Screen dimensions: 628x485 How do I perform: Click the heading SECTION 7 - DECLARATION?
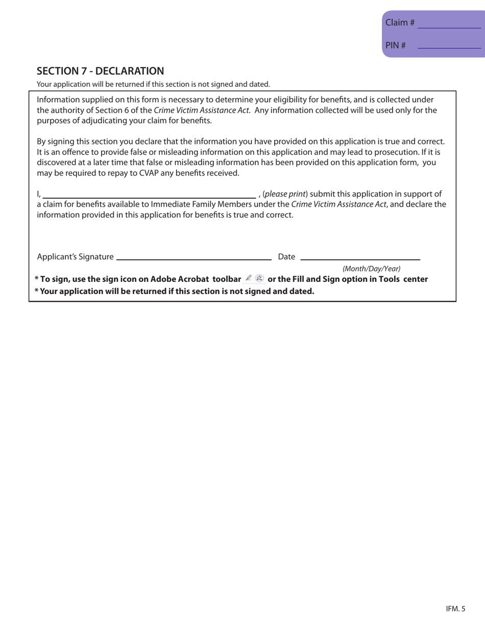(x=101, y=70)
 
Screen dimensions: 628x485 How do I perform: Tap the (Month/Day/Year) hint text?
(x=371, y=269)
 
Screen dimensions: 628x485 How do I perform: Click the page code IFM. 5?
(x=455, y=608)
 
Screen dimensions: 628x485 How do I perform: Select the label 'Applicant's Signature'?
(x=76, y=257)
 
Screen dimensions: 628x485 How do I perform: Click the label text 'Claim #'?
(x=400, y=23)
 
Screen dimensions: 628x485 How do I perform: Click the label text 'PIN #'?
(x=396, y=45)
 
